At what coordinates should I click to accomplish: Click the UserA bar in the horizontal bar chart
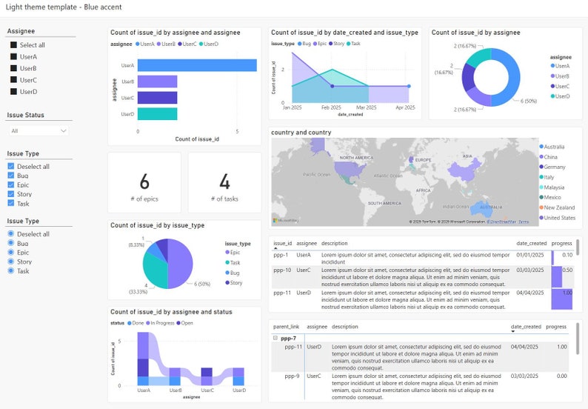197,65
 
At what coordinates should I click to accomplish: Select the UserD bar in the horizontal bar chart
157,114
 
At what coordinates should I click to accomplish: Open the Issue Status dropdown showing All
39,130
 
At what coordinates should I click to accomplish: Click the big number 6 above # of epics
144,182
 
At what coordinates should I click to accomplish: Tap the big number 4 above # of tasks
224,182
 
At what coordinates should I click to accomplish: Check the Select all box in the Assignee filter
13,45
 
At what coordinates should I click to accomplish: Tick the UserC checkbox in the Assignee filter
13,80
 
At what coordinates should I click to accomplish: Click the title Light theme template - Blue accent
64,7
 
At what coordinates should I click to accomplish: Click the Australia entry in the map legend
555,147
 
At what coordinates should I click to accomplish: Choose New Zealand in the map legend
559,207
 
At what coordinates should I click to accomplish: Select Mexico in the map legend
553,198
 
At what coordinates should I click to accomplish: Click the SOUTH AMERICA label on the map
385,202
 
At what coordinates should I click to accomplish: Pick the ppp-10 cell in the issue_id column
284,270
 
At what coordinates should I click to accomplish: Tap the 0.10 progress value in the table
567,254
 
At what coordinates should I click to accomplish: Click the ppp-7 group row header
290,338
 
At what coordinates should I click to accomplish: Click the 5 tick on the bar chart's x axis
237,131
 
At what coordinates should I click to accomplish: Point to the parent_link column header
286,326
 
